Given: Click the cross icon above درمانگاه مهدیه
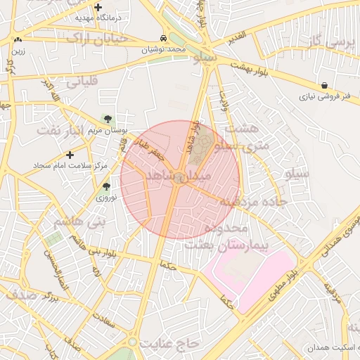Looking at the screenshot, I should pyautogui.click(x=98, y=6).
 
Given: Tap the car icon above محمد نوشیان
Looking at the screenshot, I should pyautogui.click(x=163, y=39).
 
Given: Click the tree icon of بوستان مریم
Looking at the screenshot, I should pyautogui.click(x=108, y=119).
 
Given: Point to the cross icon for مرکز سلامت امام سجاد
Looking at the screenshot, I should pyautogui.click(x=69, y=154).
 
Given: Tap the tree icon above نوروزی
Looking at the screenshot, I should pyautogui.click(x=106, y=187).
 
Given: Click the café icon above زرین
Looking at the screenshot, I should pyautogui.click(x=18, y=40).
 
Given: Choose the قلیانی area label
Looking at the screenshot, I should pyautogui.click(x=85, y=82).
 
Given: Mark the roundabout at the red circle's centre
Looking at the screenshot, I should pyautogui.click(x=181, y=179).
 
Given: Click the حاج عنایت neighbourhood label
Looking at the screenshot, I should pyautogui.click(x=170, y=343).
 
